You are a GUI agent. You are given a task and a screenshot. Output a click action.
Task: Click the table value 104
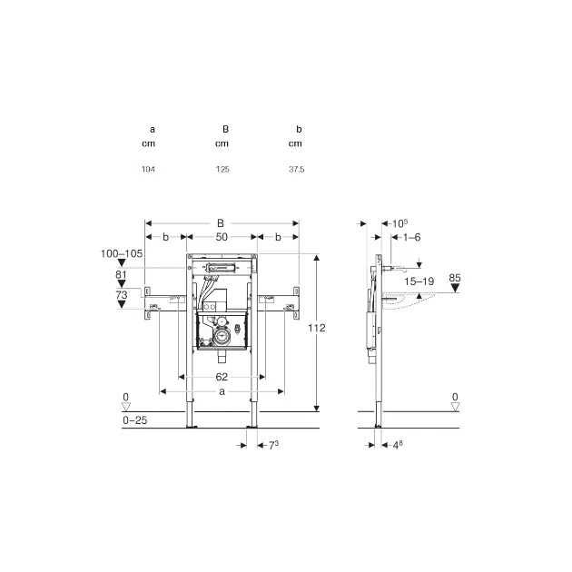click(148, 169)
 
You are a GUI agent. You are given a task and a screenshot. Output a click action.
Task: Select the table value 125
click(222, 169)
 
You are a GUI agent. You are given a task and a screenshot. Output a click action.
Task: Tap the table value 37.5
click(297, 169)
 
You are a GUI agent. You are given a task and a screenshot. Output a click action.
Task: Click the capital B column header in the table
click(225, 129)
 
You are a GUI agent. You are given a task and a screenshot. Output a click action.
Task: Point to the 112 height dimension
click(316, 328)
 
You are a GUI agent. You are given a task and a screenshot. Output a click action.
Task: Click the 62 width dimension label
click(222, 377)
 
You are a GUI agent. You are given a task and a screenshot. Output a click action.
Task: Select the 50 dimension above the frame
click(222, 237)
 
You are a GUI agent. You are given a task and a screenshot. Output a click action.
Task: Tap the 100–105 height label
click(122, 253)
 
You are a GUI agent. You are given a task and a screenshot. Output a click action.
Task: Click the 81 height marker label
click(121, 274)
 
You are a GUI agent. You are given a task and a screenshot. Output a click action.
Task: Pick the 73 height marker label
click(122, 295)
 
